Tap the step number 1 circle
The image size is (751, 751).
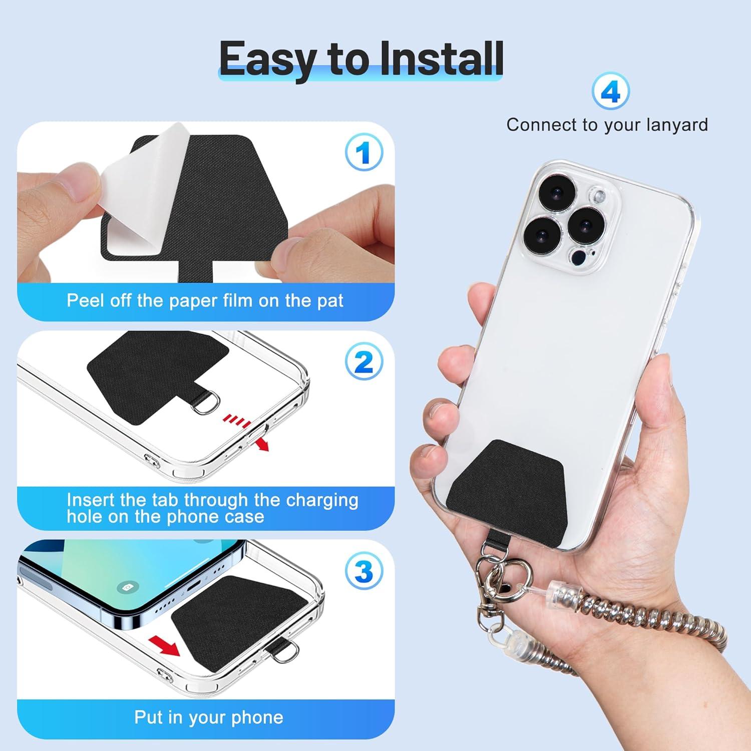tap(364, 152)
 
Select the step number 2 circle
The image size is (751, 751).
tap(364, 361)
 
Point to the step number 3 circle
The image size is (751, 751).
tap(364, 571)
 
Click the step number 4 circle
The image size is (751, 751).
tap(610, 92)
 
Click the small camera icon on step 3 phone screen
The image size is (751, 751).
tap(128, 587)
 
